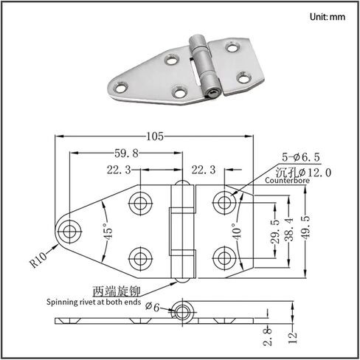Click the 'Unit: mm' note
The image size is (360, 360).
point(328,17)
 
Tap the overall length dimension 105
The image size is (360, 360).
point(155,136)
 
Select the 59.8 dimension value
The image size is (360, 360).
point(127,153)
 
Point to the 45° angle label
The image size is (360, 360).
point(108,231)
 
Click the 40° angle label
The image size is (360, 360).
point(237,232)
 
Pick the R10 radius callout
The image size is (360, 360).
point(38,260)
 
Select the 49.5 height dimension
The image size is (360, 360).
point(305,228)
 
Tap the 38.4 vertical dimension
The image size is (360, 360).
point(290,229)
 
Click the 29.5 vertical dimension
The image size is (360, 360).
point(275,232)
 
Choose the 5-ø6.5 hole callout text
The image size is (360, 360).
point(301,157)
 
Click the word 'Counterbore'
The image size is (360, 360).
point(287,180)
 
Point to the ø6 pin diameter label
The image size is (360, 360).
point(152,307)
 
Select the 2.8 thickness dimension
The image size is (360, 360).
point(268,336)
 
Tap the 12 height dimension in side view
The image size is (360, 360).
point(294,337)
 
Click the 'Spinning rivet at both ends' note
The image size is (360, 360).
point(94,302)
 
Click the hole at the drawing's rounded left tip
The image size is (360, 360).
point(69,231)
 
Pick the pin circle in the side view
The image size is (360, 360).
point(182,312)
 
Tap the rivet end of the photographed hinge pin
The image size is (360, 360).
point(213,94)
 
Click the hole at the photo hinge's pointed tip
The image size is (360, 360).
point(121,88)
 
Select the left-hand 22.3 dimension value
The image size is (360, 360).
point(119,170)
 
